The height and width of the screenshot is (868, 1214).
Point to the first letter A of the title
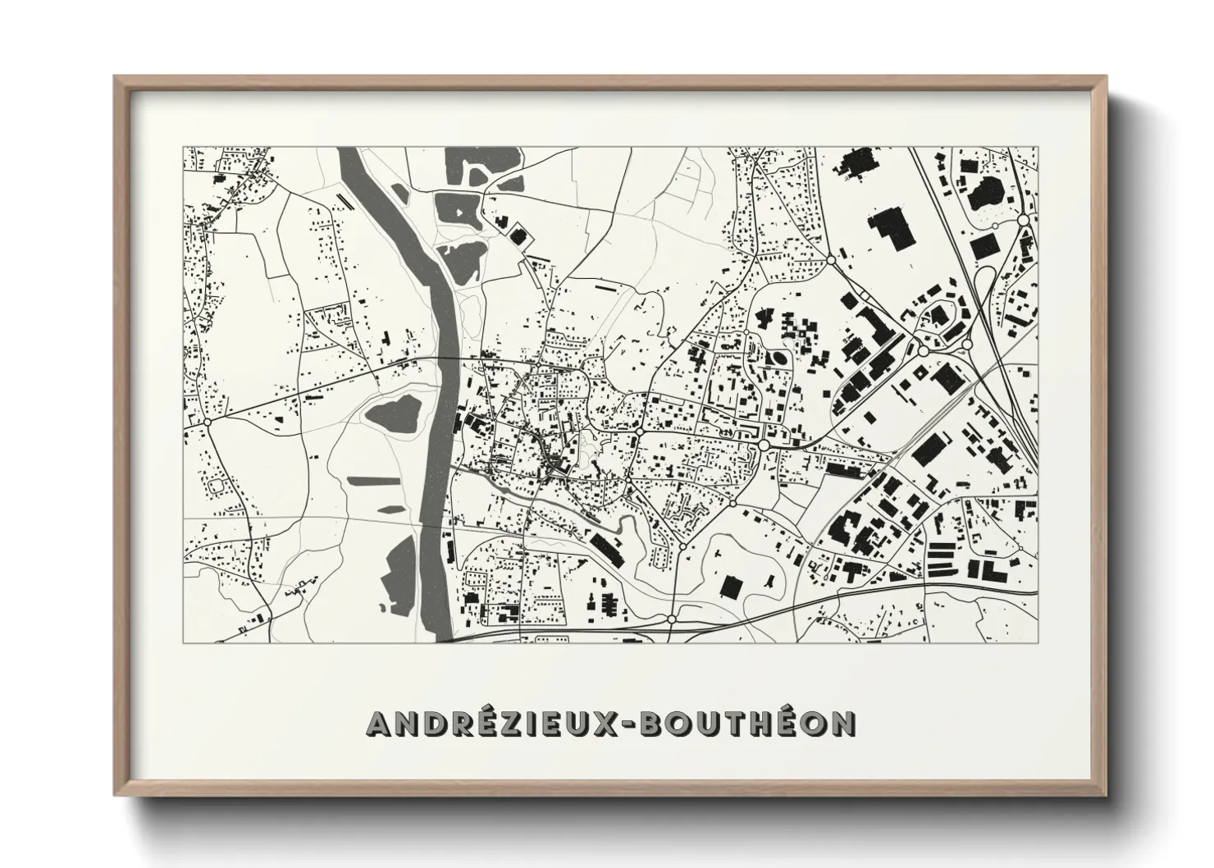380,723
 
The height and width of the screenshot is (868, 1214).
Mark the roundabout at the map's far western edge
207,422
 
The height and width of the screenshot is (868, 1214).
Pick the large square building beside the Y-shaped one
730,586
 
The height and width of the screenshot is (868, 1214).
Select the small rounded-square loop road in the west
217,486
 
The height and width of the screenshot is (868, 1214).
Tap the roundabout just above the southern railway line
672,619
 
